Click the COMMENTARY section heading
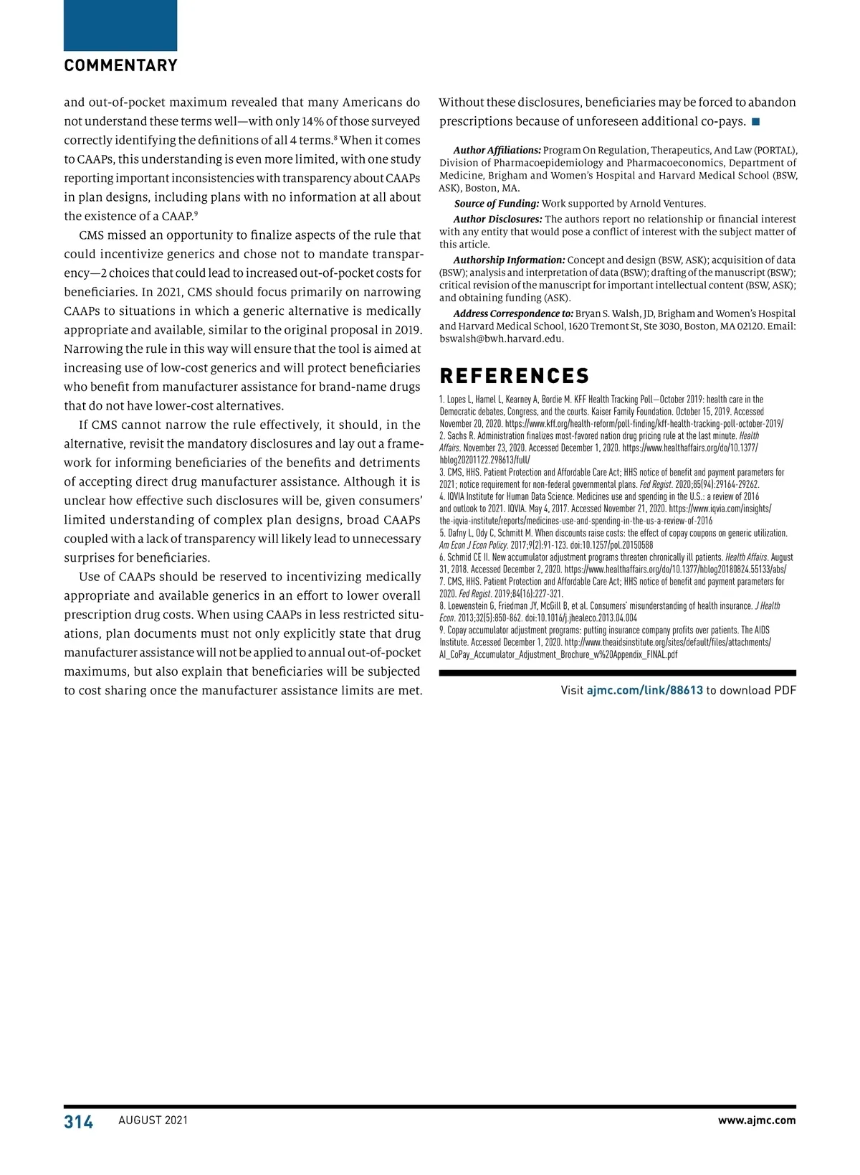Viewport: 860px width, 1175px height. (120, 65)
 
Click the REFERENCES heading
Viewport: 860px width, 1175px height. (514, 376)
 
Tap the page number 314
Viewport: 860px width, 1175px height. (79, 1122)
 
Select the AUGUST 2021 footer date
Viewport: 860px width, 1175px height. (153, 1120)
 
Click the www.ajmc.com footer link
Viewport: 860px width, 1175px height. (757, 1120)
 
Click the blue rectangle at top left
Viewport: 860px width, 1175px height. (120, 25)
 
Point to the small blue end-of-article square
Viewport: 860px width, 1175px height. (755, 122)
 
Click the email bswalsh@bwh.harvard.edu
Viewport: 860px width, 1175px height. (502, 339)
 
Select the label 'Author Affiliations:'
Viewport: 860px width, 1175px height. (497, 151)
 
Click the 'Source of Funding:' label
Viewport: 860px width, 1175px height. (497, 204)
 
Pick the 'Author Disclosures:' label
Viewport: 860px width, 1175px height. (497, 220)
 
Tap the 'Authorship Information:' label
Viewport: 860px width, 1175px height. (509, 260)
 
